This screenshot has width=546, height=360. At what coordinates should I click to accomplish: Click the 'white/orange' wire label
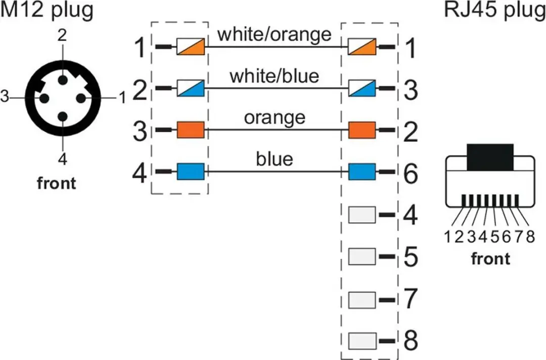pyautogui.click(x=275, y=34)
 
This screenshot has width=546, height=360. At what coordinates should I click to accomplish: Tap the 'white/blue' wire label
pyautogui.click(x=275, y=76)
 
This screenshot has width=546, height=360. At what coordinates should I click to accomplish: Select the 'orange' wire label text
pyautogui.click(x=275, y=118)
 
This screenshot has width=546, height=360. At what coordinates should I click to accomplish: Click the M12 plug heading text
pyautogui.click(x=47, y=10)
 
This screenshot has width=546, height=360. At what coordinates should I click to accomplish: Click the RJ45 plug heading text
pyautogui.click(x=495, y=10)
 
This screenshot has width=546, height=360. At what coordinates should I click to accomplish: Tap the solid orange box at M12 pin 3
pyautogui.click(x=191, y=130)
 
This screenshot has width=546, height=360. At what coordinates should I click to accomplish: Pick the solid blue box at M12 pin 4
pyautogui.click(x=191, y=171)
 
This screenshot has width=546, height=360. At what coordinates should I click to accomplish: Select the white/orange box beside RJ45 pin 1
pyautogui.click(x=362, y=47)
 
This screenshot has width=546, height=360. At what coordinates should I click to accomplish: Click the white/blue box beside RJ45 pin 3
pyautogui.click(x=362, y=88)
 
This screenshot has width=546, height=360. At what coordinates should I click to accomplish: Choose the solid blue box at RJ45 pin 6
pyautogui.click(x=362, y=172)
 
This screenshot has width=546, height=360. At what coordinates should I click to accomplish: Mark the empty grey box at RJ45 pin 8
pyautogui.click(x=362, y=341)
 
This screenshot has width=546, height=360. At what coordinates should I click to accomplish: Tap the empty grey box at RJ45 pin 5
pyautogui.click(x=362, y=256)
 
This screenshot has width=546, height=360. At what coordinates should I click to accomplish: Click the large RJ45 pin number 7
pyautogui.click(x=411, y=299)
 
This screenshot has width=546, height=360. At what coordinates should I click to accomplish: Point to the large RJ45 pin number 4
pyautogui.click(x=411, y=215)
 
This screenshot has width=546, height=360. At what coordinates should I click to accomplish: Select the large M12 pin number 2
pyautogui.click(x=140, y=90)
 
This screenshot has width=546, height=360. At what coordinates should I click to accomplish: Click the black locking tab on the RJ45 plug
pyautogui.click(x=490, y=157)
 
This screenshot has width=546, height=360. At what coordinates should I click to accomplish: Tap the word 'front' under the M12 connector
pyautogui.click(x=57, y=183)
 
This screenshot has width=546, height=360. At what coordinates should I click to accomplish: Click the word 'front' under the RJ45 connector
pyautogui.click(x=490, y=259)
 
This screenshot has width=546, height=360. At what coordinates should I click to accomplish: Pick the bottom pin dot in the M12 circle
pyautogui.click(x=63, y=116)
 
